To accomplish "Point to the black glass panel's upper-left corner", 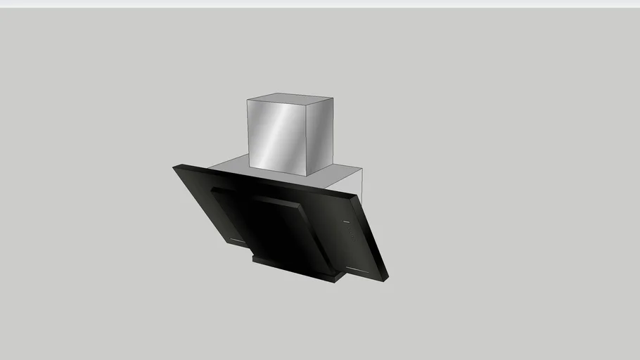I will [x=176, y=167].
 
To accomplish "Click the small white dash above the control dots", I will [x=346, y=222].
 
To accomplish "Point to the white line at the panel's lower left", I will [x=238, y=240].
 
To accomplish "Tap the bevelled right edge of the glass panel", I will [x=374, y=236].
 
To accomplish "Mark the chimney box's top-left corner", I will [x=248, y=100].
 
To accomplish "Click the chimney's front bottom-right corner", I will [x=306, y=176].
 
